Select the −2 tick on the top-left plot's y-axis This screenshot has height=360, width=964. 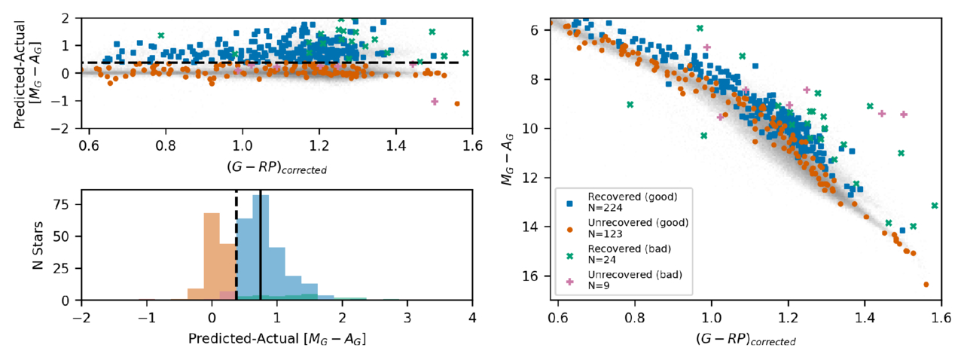click(66, 129)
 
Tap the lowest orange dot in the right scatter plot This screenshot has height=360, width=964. click(926, 285)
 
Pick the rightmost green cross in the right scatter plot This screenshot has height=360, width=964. click(935, 206)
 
